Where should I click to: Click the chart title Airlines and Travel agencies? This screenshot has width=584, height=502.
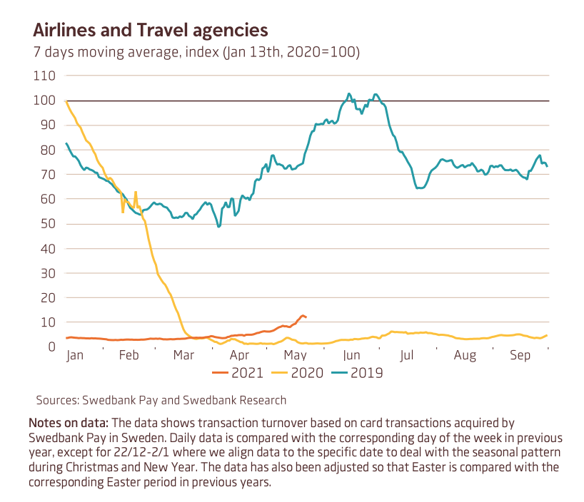click(150, 30)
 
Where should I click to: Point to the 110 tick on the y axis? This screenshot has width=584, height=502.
click(45, 76)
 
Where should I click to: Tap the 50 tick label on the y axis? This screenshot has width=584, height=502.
click(48, 224)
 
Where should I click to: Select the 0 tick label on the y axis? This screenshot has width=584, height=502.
click(51, 347)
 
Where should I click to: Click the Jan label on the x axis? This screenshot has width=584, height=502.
click(76, 355)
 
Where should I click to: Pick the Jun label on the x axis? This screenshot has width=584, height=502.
click(351, 355)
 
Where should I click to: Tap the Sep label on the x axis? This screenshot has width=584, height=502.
click(520, 355)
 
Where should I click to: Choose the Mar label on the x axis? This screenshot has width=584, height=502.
click(184, 355)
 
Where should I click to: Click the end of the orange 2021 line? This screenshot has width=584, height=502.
click(306, 317)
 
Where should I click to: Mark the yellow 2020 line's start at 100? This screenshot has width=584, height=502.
click(66, 101)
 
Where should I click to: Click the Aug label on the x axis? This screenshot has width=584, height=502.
click(465, 355)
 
